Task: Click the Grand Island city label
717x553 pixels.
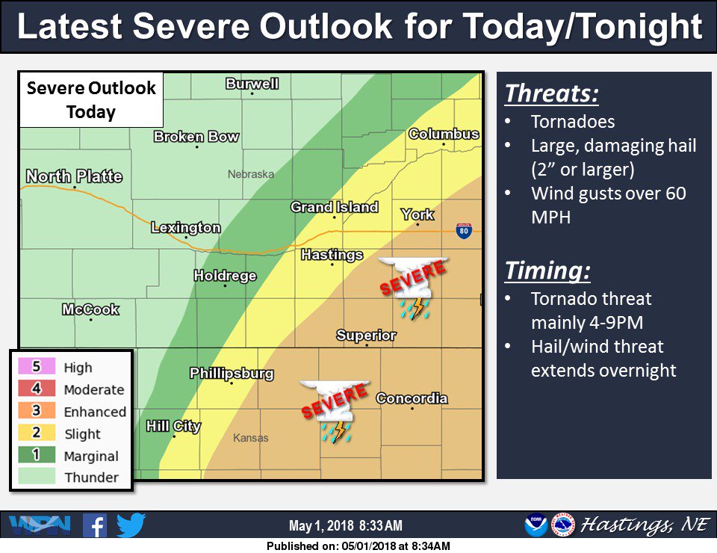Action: click(334, 207)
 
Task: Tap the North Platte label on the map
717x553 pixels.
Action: click(74, 177)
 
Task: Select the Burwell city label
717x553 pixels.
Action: click(252, 84)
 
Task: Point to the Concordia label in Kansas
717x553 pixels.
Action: click(412, 398)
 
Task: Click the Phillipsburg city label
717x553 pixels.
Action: click(232, 373)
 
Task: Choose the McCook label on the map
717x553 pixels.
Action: click(90, 309)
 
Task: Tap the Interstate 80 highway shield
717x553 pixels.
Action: click(465, 232)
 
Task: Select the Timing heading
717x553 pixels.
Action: click(547, 270)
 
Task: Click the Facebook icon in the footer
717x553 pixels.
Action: click(94, 525)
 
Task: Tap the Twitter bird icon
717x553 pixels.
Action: click(131, 525)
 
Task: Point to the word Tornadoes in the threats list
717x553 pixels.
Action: click(572, 121)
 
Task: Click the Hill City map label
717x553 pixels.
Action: click(173, 426)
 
